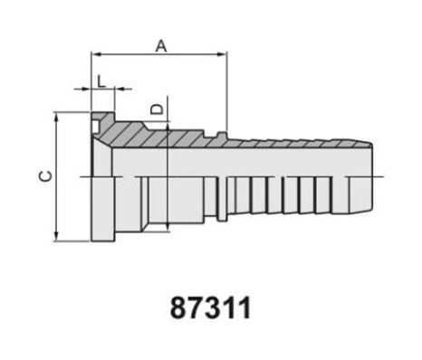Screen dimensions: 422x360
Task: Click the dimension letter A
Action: [161, 46]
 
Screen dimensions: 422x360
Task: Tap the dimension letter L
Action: [101, 81]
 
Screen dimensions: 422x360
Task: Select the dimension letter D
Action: [157, 109]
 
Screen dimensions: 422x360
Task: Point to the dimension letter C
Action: [46, 176]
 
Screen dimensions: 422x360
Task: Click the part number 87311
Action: [211, 308]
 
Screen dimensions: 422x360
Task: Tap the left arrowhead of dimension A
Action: [96, 54]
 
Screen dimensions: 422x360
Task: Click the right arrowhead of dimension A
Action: [222, 54]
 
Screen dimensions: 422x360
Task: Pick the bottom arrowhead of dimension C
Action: [56, 237]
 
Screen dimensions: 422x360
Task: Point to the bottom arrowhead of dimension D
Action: [167, 227]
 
